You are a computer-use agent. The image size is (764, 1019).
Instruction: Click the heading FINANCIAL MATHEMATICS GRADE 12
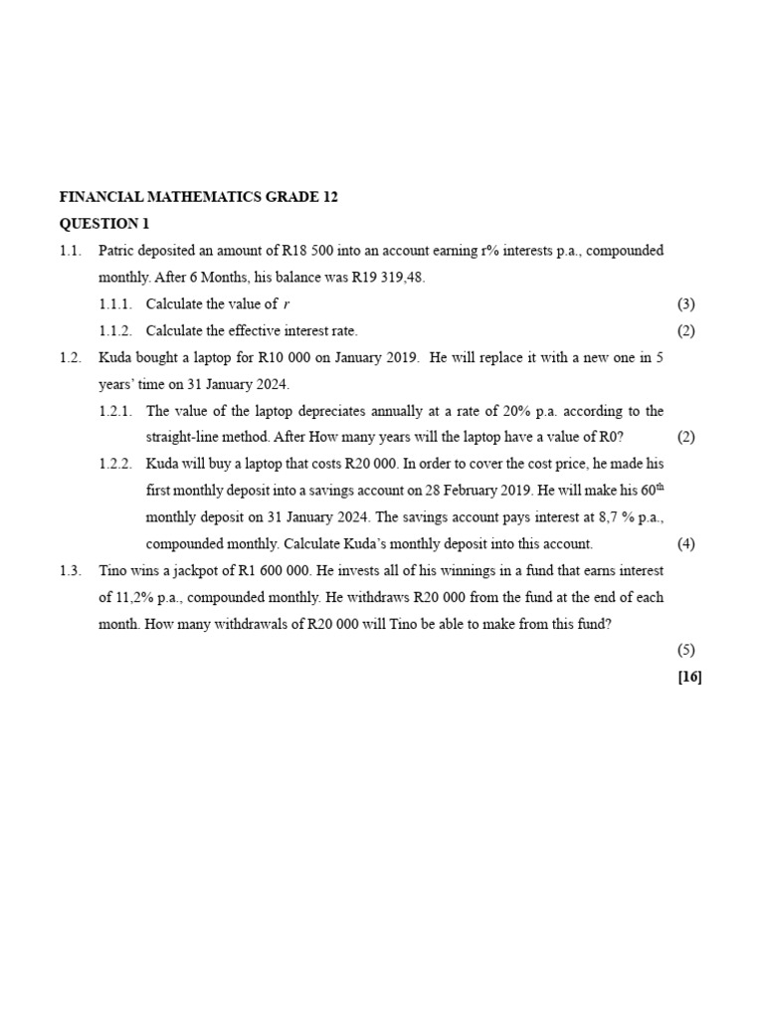click(199, 197)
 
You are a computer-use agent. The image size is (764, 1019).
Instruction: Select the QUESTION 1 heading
click(103, 224)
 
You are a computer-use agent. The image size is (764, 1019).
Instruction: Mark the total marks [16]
click(688, 678)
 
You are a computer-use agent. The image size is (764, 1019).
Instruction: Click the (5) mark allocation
click(686, 651)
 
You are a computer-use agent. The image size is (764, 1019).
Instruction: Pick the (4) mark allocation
click(686, 544)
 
